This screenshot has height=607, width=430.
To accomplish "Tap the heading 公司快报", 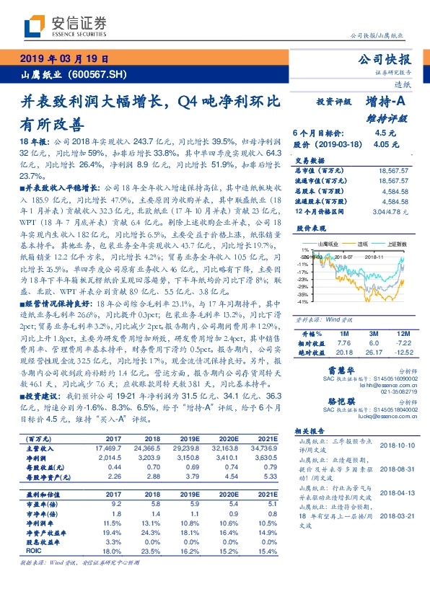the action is (388, 59).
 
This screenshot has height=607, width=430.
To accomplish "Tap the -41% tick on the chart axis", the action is (304, 302).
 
